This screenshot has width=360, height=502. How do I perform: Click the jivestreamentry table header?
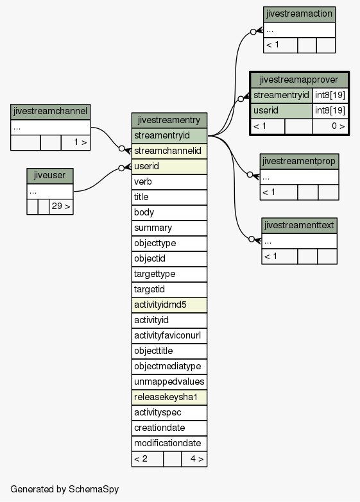click(169, 121)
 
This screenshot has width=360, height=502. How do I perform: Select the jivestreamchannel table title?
click(50, 112)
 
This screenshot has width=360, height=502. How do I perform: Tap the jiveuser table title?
click(49, 176)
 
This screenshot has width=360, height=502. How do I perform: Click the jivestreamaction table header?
click(299, 14)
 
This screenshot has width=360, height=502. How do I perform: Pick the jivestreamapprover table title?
click(299, 80)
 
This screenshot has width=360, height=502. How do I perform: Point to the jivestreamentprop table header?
click(299, 162)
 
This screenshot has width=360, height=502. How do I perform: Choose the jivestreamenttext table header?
click(299, 226)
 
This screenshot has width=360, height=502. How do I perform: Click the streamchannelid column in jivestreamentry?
click(169, 151)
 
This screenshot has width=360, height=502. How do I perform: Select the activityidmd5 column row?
click(169, 305)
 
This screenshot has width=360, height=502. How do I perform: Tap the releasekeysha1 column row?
click(169, 397)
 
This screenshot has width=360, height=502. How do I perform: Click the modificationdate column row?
click(169, 444)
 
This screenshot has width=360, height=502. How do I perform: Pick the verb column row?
click(169, 182)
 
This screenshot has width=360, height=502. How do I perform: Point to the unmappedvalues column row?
click(169, 382)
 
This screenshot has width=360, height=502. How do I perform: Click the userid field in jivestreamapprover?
click(281, 111)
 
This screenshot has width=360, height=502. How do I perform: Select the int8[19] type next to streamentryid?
click(330, 96)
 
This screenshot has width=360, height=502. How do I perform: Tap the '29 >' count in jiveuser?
click(61, 206)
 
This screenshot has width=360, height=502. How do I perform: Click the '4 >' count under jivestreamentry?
click(194, 459)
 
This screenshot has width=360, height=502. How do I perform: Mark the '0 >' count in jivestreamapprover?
click(330, 126)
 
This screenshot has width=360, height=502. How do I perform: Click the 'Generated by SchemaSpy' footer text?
click(64, 489)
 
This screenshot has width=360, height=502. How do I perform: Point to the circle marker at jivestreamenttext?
click(252, 239)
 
